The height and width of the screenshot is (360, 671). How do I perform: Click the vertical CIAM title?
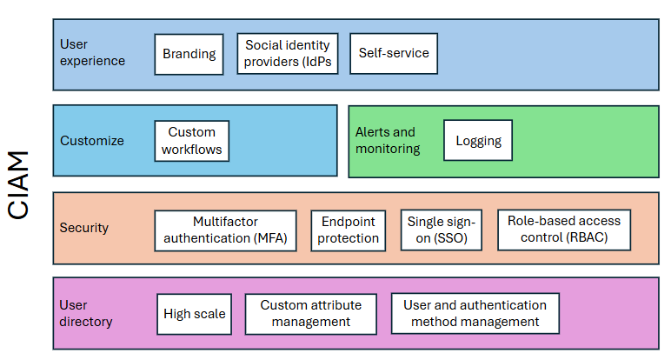click(19, 185)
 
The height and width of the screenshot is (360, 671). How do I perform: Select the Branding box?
click(189, 54)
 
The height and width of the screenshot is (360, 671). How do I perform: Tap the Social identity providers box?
click(288, 54)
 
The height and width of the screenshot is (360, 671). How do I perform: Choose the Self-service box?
click(394, 54)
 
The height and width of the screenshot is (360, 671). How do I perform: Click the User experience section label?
click(92, 52)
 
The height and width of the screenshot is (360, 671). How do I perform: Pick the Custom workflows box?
click(192, 141)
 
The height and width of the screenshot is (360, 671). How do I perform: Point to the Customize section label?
click(91, 141)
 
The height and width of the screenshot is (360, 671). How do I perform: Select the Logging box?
click(478, 141)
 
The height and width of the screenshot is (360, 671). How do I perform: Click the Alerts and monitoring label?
click(387, 141)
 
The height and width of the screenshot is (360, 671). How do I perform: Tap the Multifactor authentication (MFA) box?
click(225, 230)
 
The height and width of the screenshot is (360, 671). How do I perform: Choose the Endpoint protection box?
click(348, 230)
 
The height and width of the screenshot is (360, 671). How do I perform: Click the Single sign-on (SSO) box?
click(441, 230)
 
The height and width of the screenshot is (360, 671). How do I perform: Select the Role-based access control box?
click(564, 230)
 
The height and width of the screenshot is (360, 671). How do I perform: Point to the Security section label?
click(84, 228)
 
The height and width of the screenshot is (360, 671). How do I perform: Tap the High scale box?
click(195, 314)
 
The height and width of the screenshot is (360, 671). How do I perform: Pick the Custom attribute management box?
click(310, 314)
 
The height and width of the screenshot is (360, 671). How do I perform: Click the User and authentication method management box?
click(475, 313)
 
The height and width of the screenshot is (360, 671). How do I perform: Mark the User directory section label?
click(86, 313)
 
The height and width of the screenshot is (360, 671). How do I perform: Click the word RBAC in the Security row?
click(583, 237)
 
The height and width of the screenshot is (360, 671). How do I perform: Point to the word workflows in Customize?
click(192, 150)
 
